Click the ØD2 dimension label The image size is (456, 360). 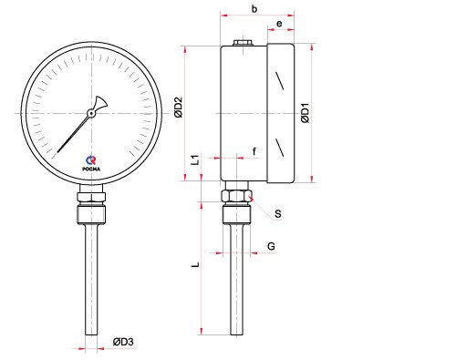(178, 108)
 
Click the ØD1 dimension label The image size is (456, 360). (306, 113)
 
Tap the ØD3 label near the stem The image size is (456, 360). (123, 342)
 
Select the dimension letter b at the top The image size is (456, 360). (254, 9)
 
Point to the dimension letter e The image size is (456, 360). (279, 24)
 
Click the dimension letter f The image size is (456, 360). (254, 151)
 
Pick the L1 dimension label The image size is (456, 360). (195, 159)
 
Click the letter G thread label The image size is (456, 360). (271, 246)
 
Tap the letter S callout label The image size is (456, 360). (278, 214)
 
